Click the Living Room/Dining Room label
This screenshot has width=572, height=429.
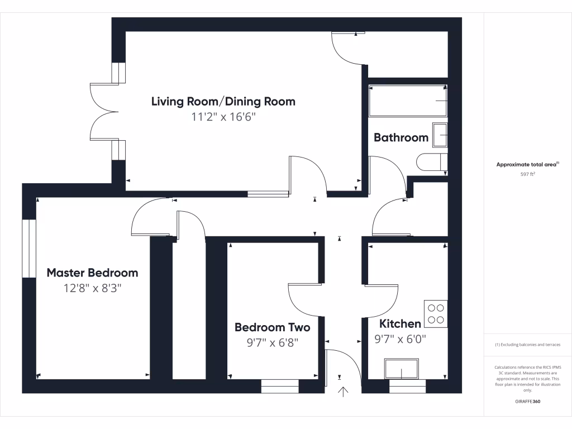[223, 102]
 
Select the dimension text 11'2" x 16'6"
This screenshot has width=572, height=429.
[223, 117]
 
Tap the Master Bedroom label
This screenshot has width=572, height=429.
[92, 273]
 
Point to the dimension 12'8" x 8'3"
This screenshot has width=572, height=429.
[92, 288]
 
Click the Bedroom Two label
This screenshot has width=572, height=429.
[272, 327]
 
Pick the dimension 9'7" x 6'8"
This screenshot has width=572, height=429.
[272, 342]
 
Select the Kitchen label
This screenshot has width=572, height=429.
[400, 324]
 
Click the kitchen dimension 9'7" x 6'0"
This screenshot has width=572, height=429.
[400, 339]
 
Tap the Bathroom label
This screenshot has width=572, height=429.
[401, 137]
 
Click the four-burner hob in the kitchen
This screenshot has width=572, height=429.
[436, 313]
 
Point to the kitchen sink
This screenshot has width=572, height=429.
[401, 369]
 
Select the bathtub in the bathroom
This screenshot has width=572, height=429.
[407, 101]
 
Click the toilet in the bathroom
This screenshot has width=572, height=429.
[431, 162]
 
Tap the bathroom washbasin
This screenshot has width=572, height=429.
[440, 136]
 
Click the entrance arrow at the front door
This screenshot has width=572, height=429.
[343, 392]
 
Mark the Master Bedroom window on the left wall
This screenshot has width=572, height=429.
[28, 248]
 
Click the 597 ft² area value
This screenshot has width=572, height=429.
[528, 174]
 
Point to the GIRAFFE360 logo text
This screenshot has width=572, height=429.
[528, 402]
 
